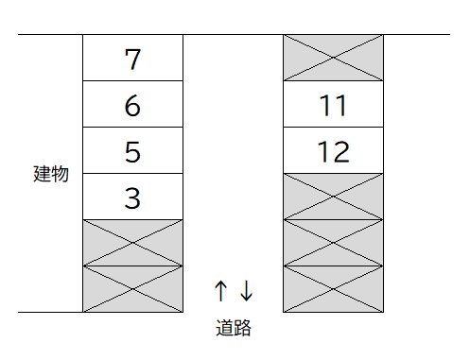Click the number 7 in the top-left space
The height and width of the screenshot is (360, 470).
[132, 59]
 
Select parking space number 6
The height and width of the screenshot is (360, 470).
[132, 105]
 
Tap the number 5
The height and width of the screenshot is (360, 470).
[132, 151]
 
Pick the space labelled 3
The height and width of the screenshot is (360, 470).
[132, 197]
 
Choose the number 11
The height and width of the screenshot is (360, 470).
[333, 105]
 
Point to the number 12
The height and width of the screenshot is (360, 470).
[333, 151]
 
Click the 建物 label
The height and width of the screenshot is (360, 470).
[51, 174]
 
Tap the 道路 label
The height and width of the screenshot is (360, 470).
[233, 329]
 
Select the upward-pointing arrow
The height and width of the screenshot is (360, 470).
[220, 290]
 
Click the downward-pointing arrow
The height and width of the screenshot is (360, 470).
[246, 290]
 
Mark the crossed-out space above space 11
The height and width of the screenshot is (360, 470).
[333, 58]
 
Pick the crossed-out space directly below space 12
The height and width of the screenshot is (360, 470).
[333, 197]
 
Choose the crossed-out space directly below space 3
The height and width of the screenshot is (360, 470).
[132, 243]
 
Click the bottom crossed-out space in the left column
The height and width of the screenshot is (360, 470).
[132, 289]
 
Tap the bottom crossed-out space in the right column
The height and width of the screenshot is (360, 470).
[333, 289]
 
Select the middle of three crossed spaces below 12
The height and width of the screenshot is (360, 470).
[333, 243]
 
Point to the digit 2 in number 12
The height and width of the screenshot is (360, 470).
[341, 151]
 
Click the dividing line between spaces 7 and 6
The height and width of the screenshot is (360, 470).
[132, 81]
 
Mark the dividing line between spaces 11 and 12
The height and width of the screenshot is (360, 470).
[333, 128]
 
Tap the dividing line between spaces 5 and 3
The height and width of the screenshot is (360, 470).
[132, 174]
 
